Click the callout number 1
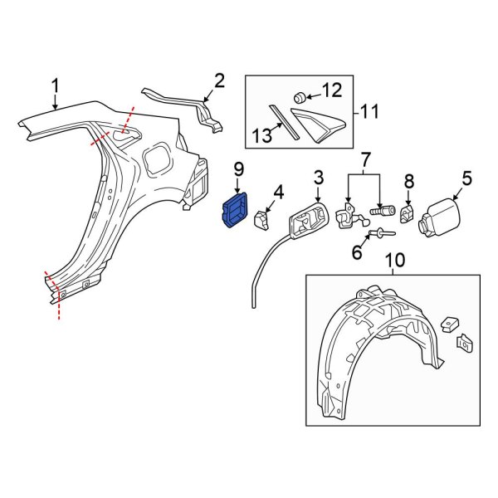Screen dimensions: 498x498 [56, 85]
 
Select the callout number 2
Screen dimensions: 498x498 [219, 81]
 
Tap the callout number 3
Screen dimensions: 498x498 [318, 178]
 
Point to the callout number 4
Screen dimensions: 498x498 [278, 193]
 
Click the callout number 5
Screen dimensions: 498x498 [466, 178]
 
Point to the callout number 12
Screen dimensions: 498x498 [331, 90]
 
